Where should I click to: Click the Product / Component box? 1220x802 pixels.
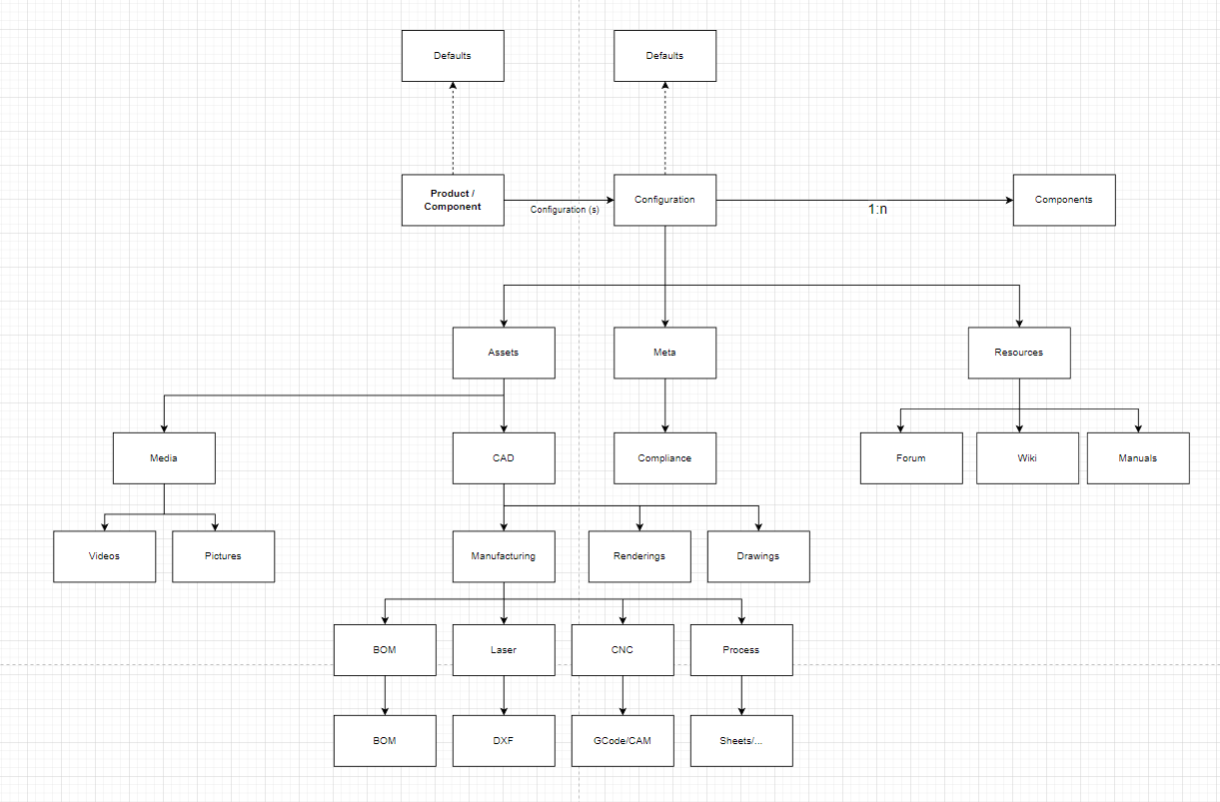(x=453, y=200)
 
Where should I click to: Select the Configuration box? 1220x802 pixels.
(x=664, y=200)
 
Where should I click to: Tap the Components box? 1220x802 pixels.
(x=1064, y=200)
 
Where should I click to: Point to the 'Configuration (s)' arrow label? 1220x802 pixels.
(x=565, y=210)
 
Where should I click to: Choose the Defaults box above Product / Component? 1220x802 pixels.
(x=453, y=56)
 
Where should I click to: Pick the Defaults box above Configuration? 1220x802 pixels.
(x=664, y=56)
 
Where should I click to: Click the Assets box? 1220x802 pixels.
(x=504, y=353)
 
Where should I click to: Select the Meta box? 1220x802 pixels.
(x=664, y=353)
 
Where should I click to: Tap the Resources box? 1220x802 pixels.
(x=1019, y=353)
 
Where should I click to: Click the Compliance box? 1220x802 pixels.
(x=664, y=458)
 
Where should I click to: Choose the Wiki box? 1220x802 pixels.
(x=1027, y=458)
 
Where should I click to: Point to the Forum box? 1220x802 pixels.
(x=911, y=458)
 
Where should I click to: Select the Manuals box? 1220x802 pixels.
(x=1138, y=458)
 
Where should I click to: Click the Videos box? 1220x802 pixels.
(x=105, y=556)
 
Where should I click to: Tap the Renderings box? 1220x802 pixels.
(x=639, y=556)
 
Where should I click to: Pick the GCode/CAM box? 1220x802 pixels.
(x=622, y=741)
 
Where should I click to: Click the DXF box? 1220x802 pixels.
(x=504, y=741)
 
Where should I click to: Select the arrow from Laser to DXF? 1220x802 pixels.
(x=504, y=695)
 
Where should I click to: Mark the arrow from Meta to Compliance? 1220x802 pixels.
(x=664, y=404)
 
